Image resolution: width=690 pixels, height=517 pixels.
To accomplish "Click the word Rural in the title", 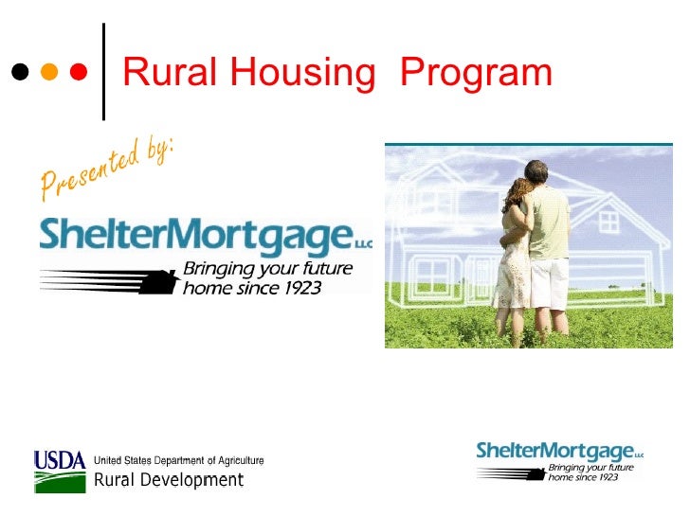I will (162, 73).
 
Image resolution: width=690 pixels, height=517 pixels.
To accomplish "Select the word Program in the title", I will (476, 73).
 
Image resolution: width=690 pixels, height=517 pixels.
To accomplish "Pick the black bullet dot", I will (19, 72).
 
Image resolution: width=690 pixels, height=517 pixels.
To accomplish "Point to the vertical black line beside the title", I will (102, 72).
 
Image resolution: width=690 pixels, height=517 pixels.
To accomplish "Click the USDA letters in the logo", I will (60, 461).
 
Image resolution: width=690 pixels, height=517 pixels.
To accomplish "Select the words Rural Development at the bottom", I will (168, 480).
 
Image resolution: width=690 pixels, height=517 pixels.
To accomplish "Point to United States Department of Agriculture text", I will (178, 461).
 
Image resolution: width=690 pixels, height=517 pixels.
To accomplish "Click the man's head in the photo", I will (536, 172).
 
